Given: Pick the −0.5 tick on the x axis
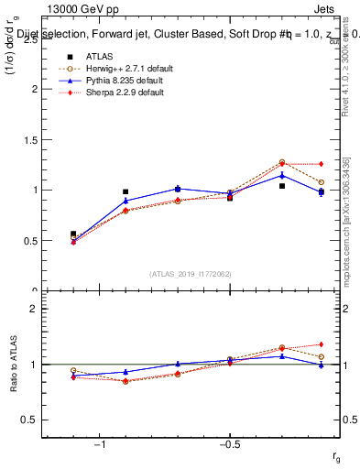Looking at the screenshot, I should click(x=228, y=445).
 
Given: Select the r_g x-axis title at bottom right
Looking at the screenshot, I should click(x=338, y=455).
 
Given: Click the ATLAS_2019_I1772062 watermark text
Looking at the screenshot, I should click(x=191, y=274).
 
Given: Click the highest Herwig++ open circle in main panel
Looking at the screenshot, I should click(x=282, y=162).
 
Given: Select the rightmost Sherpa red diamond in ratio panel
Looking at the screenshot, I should click(x=321, y=344).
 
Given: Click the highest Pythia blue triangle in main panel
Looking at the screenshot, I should click(x=282, y=174).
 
